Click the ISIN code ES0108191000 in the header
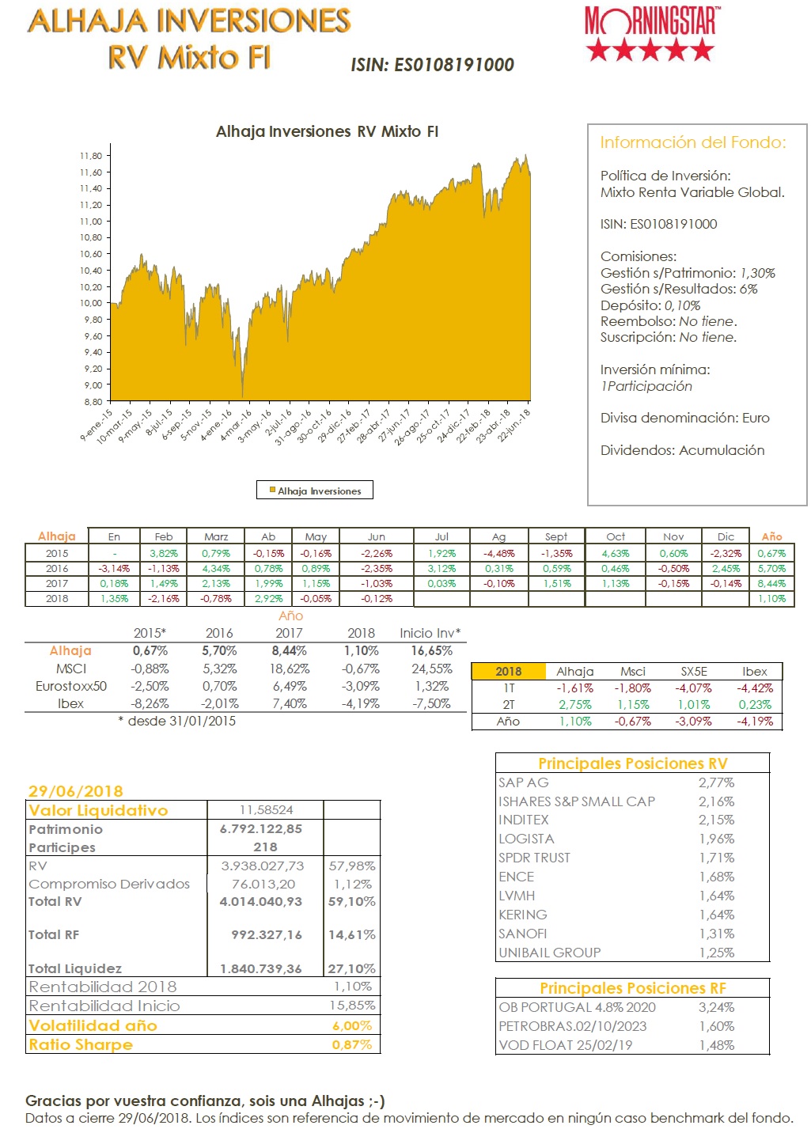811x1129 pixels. coord(432,65)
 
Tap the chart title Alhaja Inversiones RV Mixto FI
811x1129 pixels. coord(327,132)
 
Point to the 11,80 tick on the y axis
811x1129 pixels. coord(91,156)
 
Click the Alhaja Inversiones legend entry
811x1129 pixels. coord(315,491)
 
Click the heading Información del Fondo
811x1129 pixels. coord(693,142)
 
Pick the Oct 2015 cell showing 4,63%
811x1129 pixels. coord(615,554)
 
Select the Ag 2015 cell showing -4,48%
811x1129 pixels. coord(498,554)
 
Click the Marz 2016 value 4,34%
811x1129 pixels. coord(216,569)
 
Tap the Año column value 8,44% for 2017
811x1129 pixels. coord(771,584)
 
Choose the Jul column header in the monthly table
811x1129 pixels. coord(442,536)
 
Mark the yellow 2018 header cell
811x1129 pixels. coord(508,672)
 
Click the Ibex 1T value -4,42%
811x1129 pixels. coord(755,688)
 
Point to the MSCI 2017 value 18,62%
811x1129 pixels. coord(289,669)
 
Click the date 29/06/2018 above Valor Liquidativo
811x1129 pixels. coord(76,791)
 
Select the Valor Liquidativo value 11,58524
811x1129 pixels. coord(266,810)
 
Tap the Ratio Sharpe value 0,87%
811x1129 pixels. coord(352,1044)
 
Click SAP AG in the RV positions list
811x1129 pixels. coord(523,782)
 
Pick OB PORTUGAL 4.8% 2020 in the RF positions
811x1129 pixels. coord(577,1007)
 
